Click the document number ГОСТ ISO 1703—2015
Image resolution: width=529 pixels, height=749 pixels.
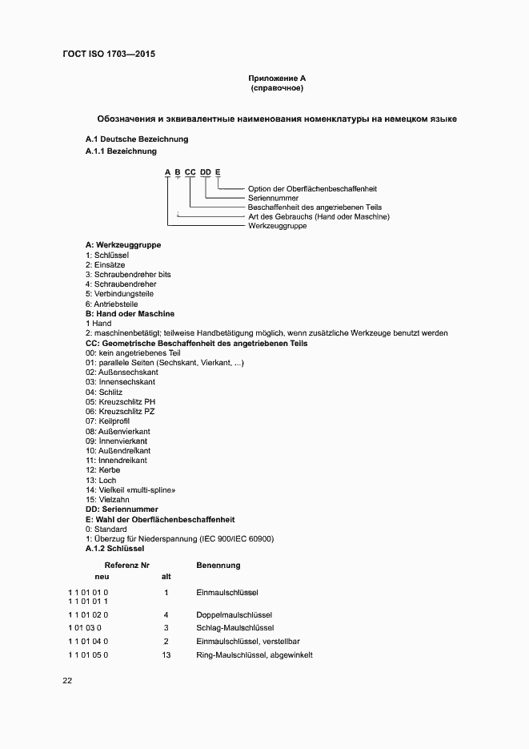tap(108, 54)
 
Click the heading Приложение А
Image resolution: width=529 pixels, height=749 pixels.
tap(277, 79)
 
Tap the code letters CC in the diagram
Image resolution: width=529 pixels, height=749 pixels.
tap(190, 172)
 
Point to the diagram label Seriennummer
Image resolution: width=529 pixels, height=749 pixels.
tap(274, 198)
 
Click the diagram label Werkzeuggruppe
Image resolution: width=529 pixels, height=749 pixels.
tap(278, 227)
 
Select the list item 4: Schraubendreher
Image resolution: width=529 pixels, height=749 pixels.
tap(121, 284)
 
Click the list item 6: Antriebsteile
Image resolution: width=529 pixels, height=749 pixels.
tap(112, 304)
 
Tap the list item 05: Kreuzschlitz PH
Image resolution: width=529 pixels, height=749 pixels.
tap(120, 401)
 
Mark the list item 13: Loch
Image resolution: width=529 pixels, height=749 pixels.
tap(101, 480)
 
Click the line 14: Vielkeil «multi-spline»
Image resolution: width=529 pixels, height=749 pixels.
tap(130, 489)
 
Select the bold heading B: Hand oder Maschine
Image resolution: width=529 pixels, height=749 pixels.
tap(130, 314)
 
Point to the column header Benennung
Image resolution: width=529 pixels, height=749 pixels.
tap(218, 566)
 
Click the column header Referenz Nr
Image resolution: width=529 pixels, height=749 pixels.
tap(122, 566)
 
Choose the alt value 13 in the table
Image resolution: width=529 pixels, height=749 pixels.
tap(166, 654)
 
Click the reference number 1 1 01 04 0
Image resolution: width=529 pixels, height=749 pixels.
tap(88, 642)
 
